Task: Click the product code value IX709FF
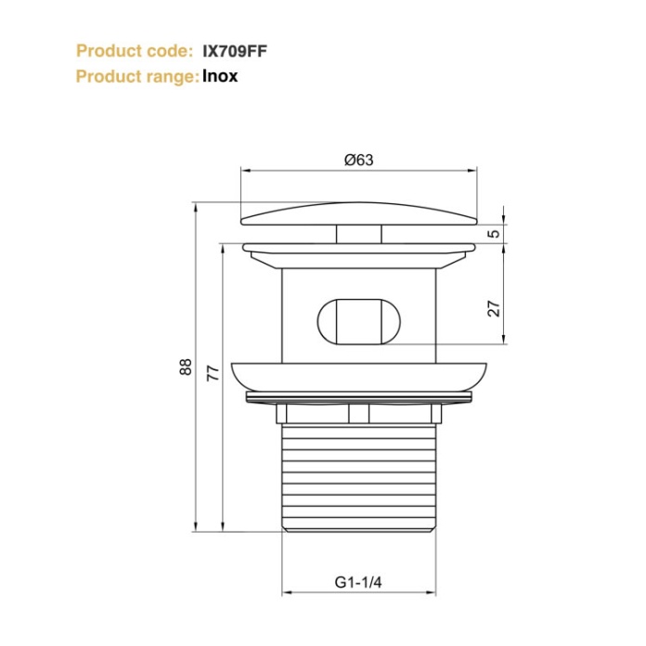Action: pos(235,51)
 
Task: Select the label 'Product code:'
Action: pos(135,51)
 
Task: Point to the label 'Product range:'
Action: pos(136,76)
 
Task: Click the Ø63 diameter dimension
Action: pos(358,160)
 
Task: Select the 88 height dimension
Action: pos(186,367)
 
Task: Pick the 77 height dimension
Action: pos(213,374)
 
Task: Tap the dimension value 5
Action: pos(494,234)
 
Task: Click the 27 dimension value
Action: pos(494,307)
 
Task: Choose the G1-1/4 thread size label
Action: pos(358,582)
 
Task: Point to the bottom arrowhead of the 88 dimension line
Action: pos(196,526)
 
